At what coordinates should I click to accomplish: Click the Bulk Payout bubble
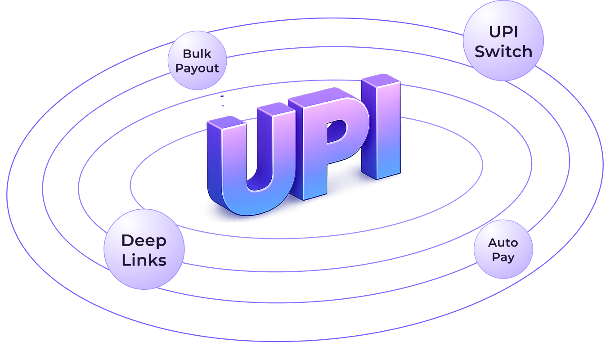(x=197, y=60)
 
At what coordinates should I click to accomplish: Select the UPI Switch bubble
(x=503, y=40)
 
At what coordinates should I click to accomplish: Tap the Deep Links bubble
(x=144, y=249)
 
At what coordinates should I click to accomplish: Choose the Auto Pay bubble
(x=503, y=249)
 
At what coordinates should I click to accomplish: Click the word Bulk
(x=197, y=54)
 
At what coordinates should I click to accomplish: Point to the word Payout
(x=197, y=68)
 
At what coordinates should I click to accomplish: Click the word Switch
(x=503, y=51)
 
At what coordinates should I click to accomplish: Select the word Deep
(x=144, y=240)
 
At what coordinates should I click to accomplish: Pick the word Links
(x=144, y=260)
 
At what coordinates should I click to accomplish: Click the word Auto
(x=503, y=243)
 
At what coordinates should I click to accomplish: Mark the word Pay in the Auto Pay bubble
(x=503, y=257)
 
